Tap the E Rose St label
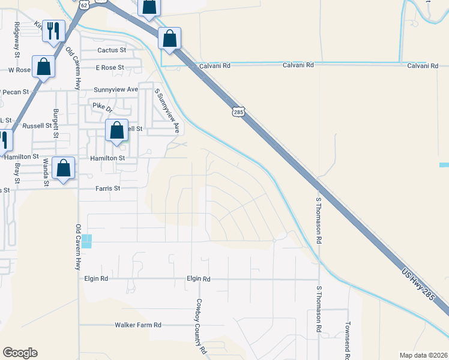[x=109, y=68]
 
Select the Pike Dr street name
[x=102, y=107]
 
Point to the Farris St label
[x=108, y=188]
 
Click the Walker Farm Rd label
[x=138, y=325]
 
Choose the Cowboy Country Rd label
[x=200, y=326]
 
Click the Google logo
[x=20, y=353]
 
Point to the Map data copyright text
[x=423, y=355]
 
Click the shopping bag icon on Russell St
[x=117, y=131]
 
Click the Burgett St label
[x=56, y=123]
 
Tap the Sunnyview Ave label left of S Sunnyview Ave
[x=116, y=89]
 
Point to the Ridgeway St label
[x=17, y=40]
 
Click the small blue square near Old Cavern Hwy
[x=87, y=241]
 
